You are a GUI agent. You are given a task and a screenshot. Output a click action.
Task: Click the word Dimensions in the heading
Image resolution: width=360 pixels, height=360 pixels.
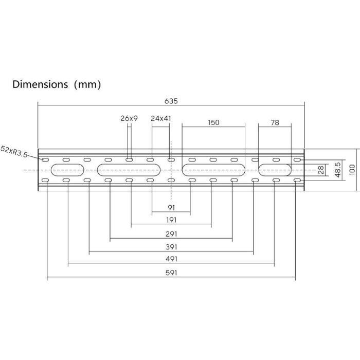tap(40, 84)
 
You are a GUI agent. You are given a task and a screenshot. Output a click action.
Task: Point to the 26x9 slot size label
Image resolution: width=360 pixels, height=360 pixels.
tap(129, 118)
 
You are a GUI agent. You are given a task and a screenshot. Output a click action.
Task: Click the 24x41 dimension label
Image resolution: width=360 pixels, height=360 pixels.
tap(161, 118)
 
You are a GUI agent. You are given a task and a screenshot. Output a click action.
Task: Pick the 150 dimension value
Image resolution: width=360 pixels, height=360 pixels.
tap(213, 122)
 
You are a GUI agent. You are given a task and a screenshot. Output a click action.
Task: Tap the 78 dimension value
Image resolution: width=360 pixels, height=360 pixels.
tap(275, 122)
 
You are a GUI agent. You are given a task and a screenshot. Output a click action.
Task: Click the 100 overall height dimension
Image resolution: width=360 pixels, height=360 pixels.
tap(351, 170)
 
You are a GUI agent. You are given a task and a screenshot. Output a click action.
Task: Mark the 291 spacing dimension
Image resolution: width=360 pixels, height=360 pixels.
tap(171, 234)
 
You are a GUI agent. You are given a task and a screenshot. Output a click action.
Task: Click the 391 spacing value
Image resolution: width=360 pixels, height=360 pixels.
tap(171, 247)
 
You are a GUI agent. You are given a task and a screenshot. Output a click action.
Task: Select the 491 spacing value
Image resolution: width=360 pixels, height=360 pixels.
tap(171, 260)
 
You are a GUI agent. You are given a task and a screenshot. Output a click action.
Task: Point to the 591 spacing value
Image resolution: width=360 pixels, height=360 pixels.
tap(171, 274)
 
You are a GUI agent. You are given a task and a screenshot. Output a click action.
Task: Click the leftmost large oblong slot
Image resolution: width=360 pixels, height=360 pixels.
tap(67, 170)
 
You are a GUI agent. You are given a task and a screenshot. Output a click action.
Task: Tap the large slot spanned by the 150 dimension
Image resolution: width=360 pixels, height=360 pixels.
tap(213, 170)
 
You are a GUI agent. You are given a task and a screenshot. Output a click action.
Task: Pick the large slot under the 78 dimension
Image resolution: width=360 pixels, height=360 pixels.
tap(275, 170)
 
